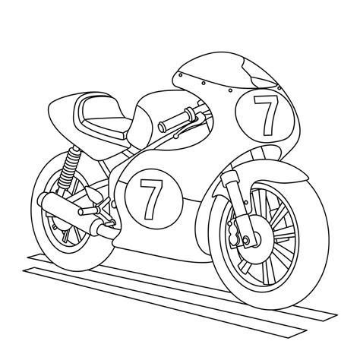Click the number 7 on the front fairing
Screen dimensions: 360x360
266,115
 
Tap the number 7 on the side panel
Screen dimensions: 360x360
151,199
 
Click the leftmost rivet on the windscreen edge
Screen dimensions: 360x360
181,75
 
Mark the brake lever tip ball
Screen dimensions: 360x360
175,137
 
